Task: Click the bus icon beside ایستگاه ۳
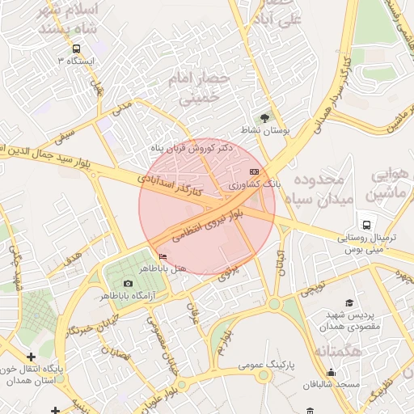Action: point(76,49)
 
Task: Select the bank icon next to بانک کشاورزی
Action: point(255,172)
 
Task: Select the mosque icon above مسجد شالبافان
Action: point(330,373)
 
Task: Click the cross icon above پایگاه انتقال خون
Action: point(31,357)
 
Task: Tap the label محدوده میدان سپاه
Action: point(319,187)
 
